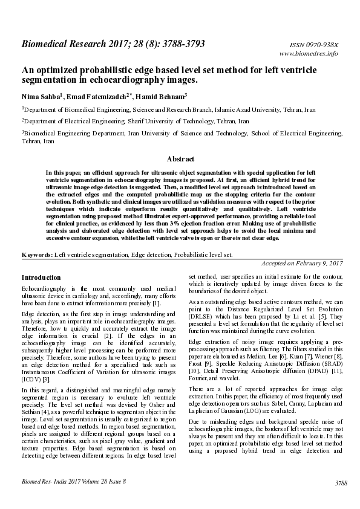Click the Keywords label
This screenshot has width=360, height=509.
click(x=37, y=255)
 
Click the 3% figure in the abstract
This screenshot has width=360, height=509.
click(x=201, y=223)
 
